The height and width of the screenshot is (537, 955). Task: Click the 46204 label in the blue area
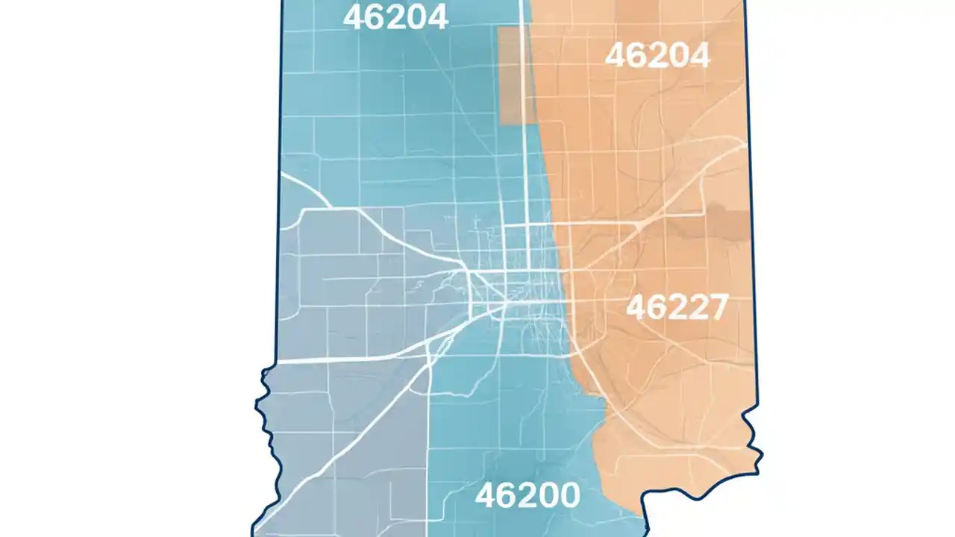[x=395, y=16]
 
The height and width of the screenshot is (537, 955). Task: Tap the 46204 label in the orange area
[x=657, y=55]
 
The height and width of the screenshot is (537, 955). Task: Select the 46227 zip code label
[x=676, y=307]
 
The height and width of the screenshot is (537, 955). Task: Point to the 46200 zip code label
[x=527, y=495]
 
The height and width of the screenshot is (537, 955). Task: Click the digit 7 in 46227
[x=714, y=307]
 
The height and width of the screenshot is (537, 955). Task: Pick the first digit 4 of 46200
[x=485, y=495]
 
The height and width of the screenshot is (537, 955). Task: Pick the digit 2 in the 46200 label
[x=527, y=495]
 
